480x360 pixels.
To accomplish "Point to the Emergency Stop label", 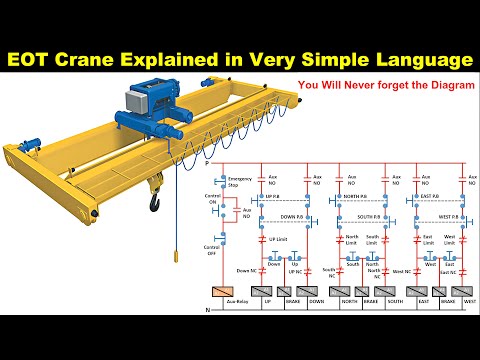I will click(240, 181).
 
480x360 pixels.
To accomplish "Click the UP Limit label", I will click(278, 241).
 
